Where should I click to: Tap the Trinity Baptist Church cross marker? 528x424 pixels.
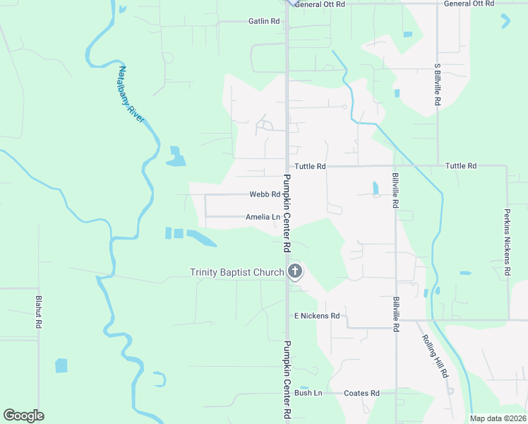click(295, 271)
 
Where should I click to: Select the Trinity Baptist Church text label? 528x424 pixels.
click(236, 272)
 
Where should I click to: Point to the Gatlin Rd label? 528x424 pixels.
click(264, 21)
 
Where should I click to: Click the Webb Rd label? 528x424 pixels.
click(265, 194)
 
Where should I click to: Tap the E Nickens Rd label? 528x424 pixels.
click(317, 316)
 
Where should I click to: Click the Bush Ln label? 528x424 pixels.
click(308, 393)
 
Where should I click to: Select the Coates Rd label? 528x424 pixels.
click(361, 393)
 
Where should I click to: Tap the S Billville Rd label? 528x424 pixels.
click(438, 85)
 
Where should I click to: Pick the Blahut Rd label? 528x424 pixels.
click(40, 312)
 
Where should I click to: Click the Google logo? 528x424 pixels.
click(23, 416)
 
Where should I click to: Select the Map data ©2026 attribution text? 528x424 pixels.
click(498, 418)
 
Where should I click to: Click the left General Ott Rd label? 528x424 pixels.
click(320, 4)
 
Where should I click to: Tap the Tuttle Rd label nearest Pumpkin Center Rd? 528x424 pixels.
click(310, 166)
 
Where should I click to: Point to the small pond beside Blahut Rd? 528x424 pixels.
click(61, 365)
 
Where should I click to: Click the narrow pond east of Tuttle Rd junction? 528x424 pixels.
click(375, 189)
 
